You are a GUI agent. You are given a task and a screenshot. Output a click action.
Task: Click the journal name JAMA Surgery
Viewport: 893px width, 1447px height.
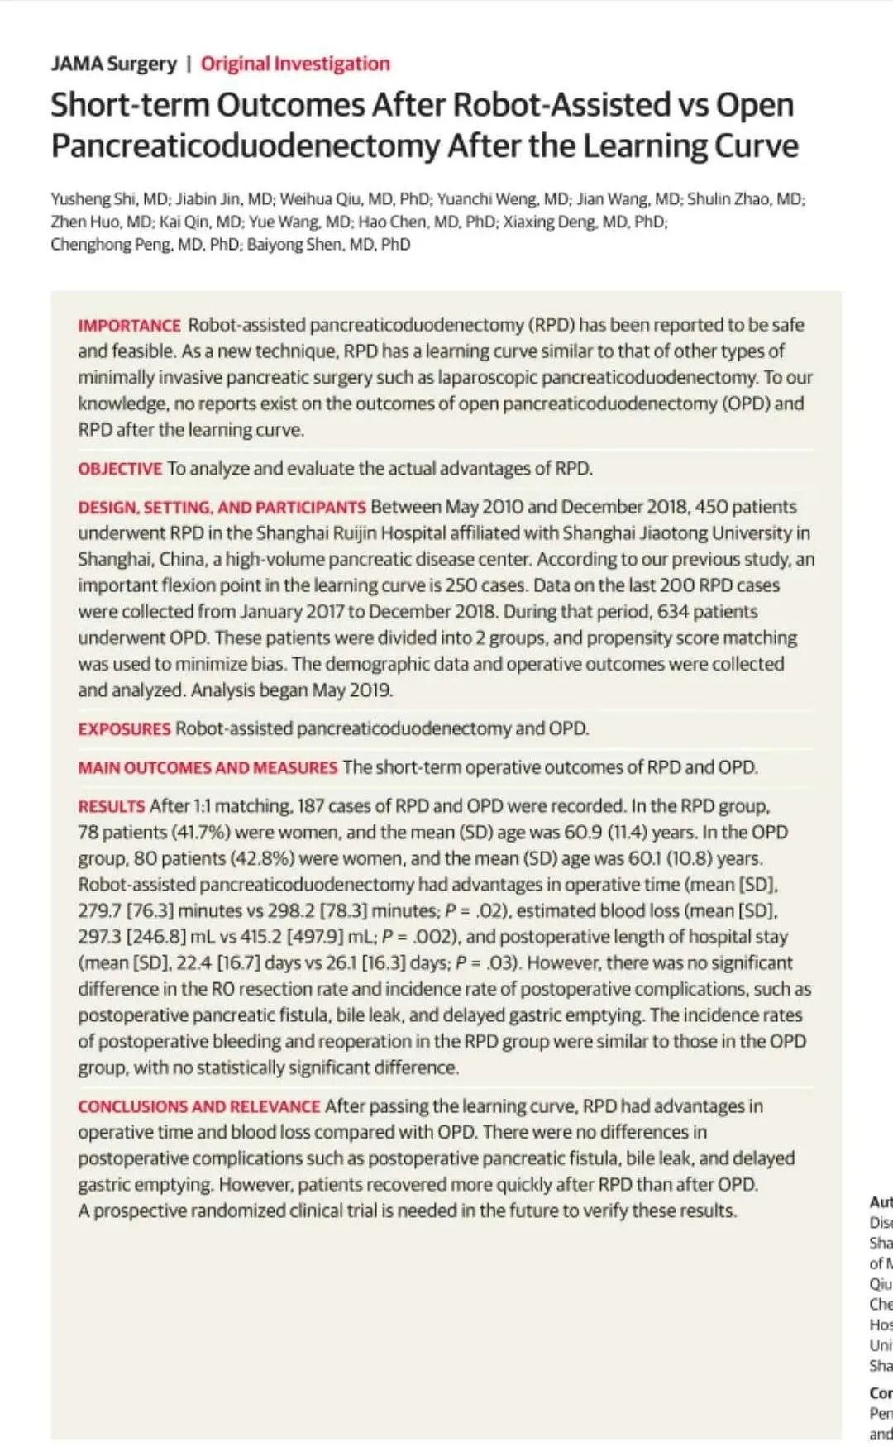[x=113, y=64]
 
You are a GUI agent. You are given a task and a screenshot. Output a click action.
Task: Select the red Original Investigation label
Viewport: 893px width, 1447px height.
[x=294, y=64]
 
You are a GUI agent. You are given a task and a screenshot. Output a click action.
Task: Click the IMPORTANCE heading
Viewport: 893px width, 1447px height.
[x=129, y=325]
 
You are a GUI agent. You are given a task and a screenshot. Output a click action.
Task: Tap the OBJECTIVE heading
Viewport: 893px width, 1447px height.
[x=120, y=469]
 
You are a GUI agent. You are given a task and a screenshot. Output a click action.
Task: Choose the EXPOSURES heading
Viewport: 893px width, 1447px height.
[x=124, y=729]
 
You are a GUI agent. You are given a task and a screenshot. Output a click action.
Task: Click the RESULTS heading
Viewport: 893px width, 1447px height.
[x=111, y=806]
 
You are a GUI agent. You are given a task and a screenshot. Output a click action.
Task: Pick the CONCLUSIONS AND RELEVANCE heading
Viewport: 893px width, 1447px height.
[x=198, y=1106]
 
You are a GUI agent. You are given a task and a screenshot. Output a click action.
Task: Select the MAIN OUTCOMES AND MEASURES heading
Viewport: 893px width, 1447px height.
[x=208, y=767]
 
